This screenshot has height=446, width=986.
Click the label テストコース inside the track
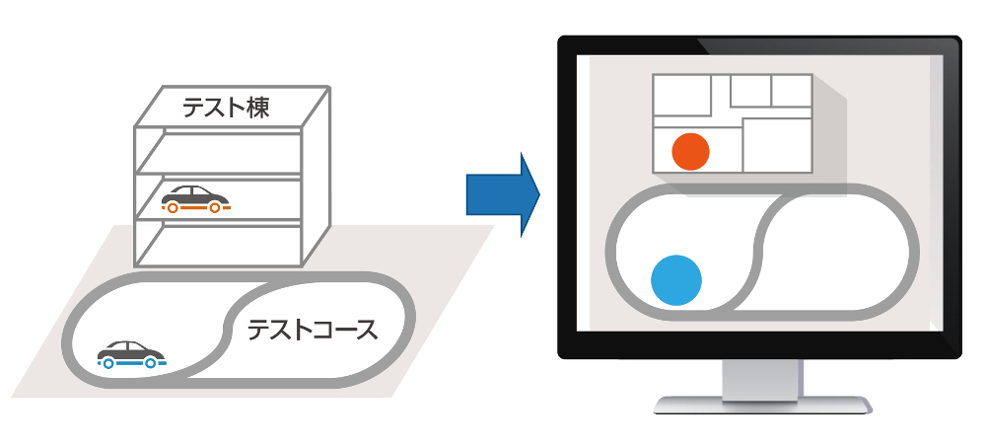312,330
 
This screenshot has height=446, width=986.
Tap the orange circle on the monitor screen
690,151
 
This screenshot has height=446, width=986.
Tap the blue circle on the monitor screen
676,279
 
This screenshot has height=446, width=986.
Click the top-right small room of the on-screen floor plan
792,90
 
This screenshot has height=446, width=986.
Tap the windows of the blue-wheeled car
130,347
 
